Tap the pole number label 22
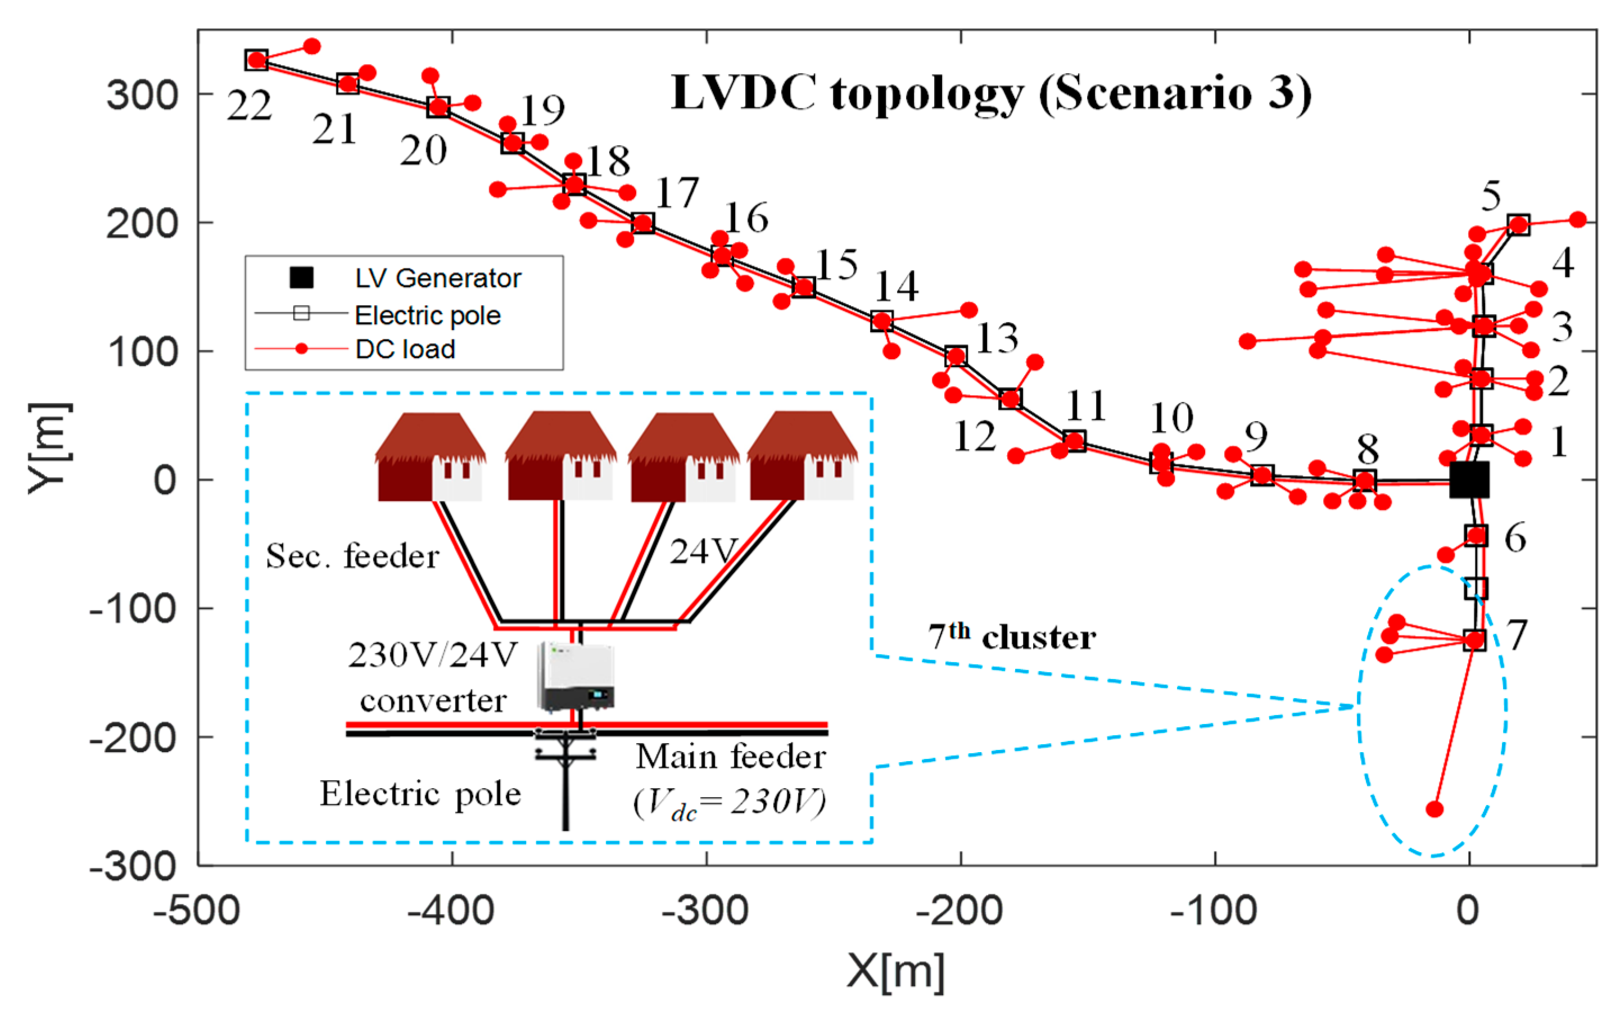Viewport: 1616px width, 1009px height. coord(250,106)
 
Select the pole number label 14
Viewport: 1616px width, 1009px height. coord(897,287)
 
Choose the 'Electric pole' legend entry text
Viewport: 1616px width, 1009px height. coord(428,315)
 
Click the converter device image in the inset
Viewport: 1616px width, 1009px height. coord(575,677)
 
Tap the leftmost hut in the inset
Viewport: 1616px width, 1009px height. coord(431,456)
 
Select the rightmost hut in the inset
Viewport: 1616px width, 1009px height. coord(803,456)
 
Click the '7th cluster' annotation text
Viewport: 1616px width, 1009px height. coord(1012,637)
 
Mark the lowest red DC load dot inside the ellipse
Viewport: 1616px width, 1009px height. coord(1434,809)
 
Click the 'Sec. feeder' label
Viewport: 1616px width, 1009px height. coord(352,555)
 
